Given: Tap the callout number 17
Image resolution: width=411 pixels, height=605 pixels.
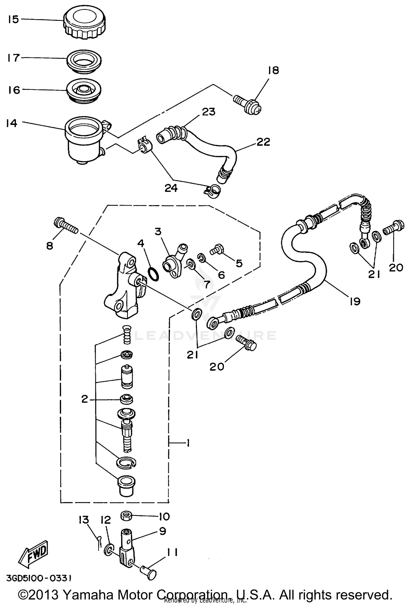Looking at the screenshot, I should point(13,58).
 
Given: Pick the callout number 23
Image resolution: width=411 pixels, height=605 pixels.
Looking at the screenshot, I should point(209,112).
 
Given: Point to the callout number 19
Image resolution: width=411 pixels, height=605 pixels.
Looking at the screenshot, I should point(355,301).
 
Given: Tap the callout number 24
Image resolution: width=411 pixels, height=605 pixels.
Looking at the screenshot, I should point(171,188).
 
